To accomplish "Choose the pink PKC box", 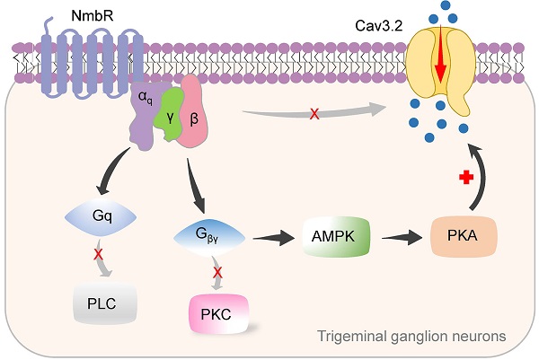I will click(216, 314).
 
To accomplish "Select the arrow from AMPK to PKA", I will click(397, 240).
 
